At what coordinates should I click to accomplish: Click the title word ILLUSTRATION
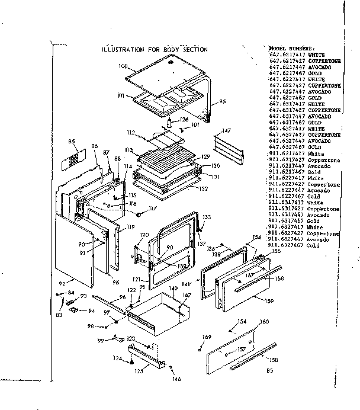123,50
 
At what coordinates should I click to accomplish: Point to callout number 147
226,130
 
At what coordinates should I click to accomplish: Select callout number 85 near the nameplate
72,142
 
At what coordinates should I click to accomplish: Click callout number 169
207,338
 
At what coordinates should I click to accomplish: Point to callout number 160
264,322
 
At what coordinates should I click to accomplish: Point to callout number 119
128,228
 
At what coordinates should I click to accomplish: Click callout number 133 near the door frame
207,217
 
